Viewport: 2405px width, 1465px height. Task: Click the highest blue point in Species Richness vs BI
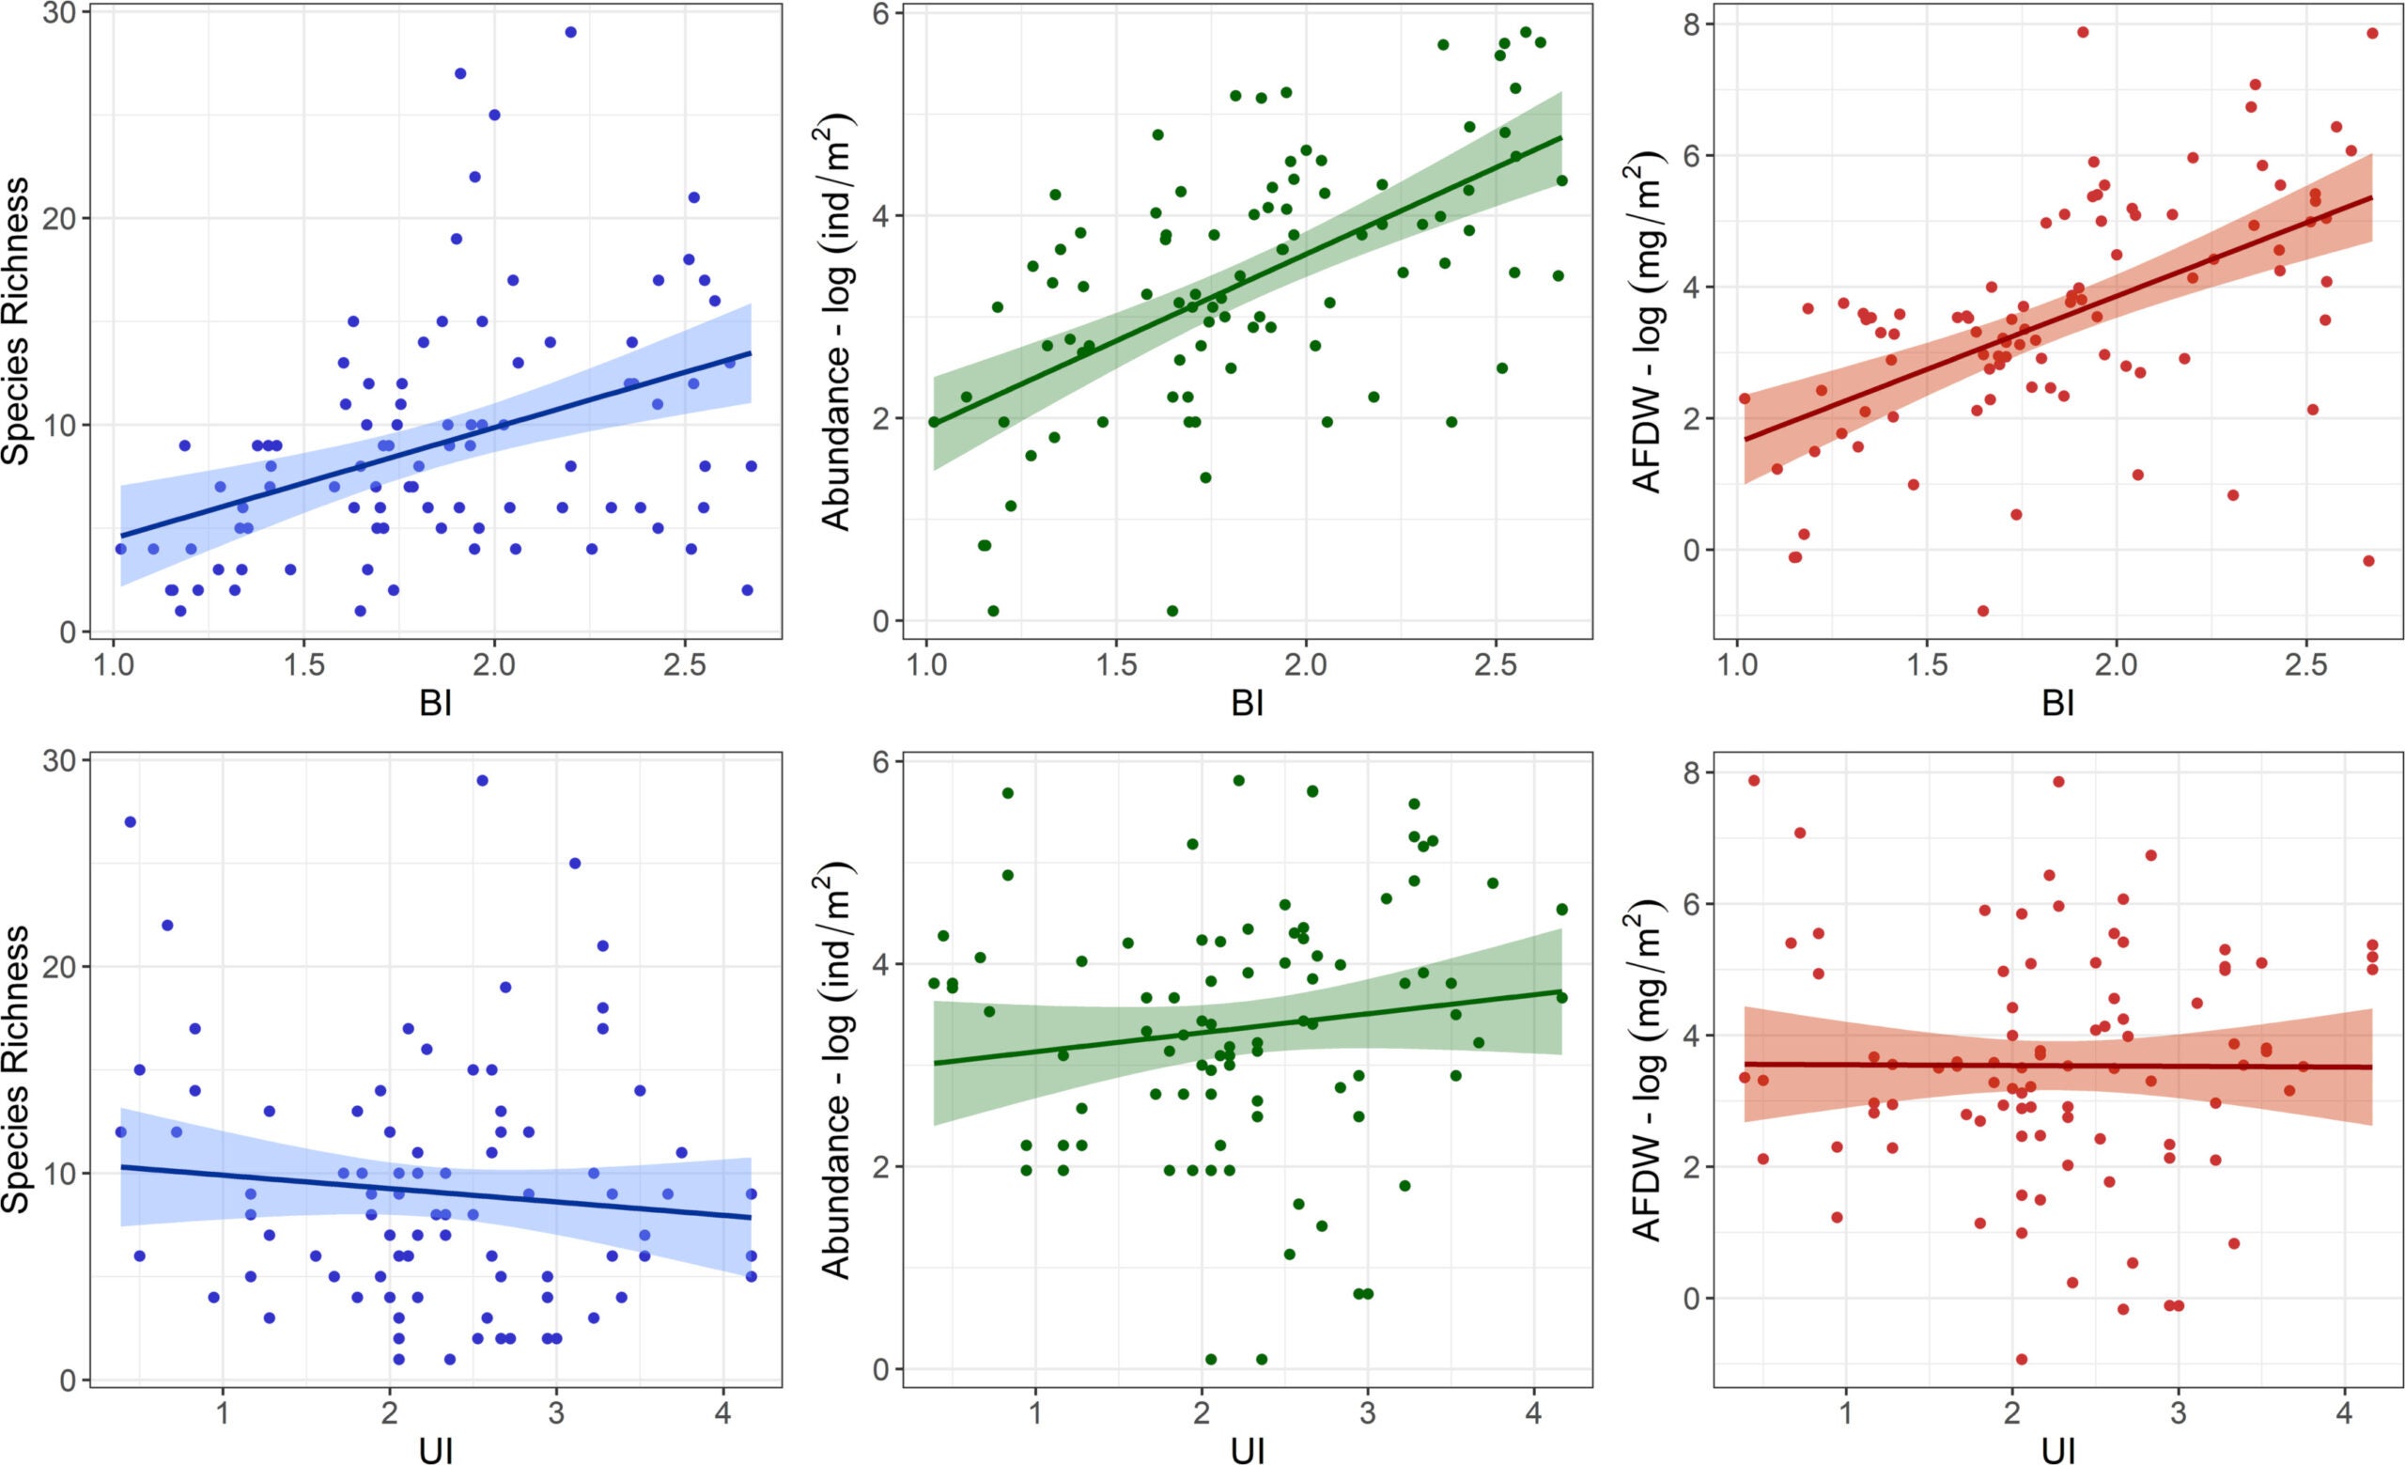coord(570,32)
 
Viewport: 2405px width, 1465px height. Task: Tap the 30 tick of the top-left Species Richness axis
coord(66,10)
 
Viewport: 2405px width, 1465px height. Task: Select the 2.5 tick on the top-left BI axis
coord(684,664)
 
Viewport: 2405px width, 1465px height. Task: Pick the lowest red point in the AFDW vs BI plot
coord(1982,611)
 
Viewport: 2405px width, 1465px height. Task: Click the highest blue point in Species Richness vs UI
coord(481,781)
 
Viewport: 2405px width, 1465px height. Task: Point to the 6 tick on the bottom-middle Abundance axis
coord(881,762)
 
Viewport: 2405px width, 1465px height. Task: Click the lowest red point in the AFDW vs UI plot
coord(2022,1360)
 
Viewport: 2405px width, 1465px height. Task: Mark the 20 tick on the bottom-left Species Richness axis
coord(66,966)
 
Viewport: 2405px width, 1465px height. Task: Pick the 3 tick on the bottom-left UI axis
coord(556,1412)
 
